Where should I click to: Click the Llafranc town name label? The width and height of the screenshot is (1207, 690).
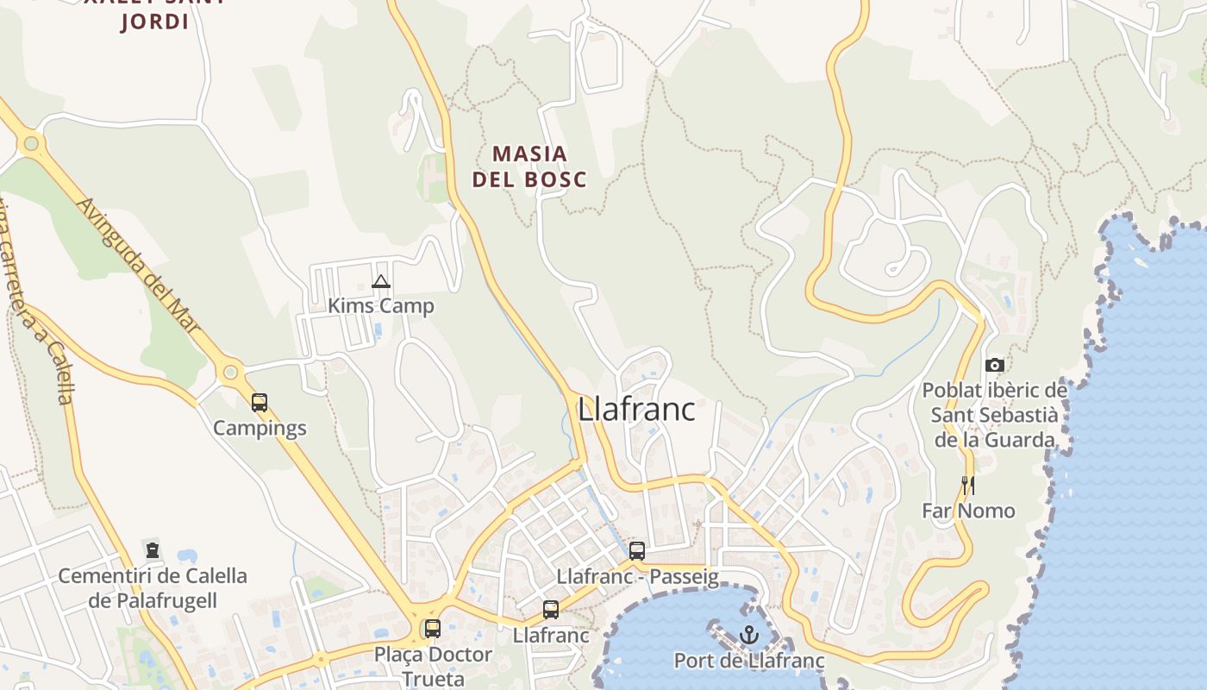[x=636, y=409]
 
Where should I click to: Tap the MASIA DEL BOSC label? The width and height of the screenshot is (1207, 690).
[x=529, y=166]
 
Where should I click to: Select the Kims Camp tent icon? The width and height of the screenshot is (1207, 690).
[x=381, y=281]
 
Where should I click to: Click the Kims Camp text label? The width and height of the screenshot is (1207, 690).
[x=381, y=306]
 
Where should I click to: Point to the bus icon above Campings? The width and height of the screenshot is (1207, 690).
[x=260, y=402]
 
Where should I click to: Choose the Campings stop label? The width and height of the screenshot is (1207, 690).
[x=260, y=428]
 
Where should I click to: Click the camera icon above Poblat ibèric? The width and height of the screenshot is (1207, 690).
[x=994, y=366]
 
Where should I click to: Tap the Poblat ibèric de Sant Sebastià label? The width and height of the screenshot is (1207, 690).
[x=995, y=415]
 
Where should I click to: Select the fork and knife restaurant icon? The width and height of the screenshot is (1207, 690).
[x=968, y=486]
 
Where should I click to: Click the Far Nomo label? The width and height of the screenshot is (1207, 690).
[x=968, y=511]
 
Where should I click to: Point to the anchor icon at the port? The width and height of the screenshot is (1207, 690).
[x=748, y=636]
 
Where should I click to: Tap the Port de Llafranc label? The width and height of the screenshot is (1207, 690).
[x=748, y=662]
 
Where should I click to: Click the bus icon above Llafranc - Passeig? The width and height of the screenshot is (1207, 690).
[x=637, y=551]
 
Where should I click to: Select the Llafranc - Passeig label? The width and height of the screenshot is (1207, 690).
[x=637, y=577]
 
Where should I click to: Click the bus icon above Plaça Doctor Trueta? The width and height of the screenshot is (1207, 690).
[x=433, y=629]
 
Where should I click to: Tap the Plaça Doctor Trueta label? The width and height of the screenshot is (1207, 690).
[x=433, y=666]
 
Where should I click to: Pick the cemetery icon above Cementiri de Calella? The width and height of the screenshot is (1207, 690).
[x=153, y=549]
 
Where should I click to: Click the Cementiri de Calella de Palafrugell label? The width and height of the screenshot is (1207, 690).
[x=153, y=587]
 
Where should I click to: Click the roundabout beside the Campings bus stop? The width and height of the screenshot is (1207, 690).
[x=230, y=373]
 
